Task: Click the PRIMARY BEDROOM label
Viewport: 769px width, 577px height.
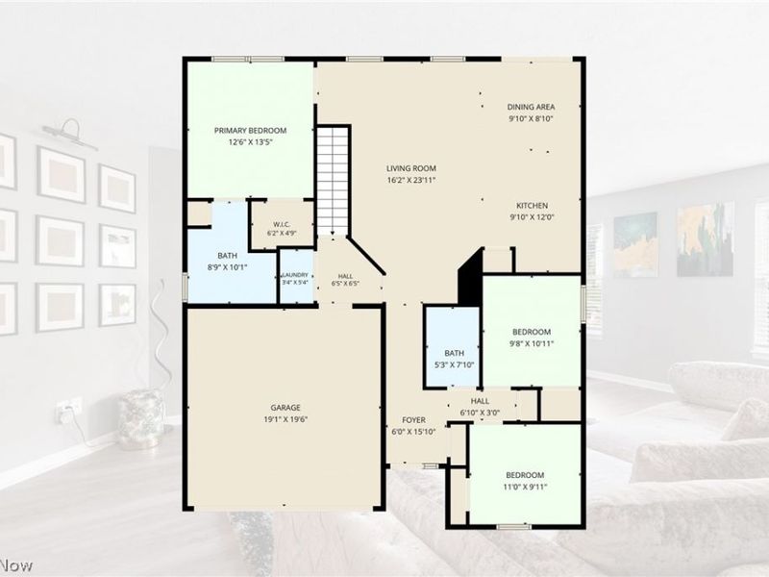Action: (250, 131)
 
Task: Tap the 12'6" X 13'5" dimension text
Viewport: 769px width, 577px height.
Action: (250, 142)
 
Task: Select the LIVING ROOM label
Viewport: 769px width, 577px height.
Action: (411, 168)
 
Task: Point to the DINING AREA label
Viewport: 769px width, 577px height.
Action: (532, 107)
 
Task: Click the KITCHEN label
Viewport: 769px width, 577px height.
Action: (533, 206)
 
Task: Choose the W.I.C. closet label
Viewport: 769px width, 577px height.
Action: (282, 224)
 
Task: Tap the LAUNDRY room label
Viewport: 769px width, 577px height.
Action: (295, 275)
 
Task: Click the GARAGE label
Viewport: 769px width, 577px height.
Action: (285, 408)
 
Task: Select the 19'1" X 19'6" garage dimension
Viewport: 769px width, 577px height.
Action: (285, 419)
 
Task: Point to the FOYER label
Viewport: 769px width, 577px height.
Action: (413, 420)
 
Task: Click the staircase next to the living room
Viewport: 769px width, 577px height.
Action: (333, 181)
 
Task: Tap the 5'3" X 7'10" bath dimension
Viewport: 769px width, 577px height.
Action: (454, 365)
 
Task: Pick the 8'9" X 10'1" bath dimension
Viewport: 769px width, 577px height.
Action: (228, 267)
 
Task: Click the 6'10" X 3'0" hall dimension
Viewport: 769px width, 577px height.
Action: (480, 413)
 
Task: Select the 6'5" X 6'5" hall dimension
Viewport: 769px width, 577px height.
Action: (345, 283)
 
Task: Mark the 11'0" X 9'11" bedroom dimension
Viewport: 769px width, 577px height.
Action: (525, 487)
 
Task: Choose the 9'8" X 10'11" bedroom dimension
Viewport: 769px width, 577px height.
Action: (532, 343)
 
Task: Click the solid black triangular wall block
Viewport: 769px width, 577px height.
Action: (470, 277)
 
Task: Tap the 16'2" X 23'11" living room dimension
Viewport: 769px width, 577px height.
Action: (411, 180)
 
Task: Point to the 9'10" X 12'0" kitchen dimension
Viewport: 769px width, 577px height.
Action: (533, 217)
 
